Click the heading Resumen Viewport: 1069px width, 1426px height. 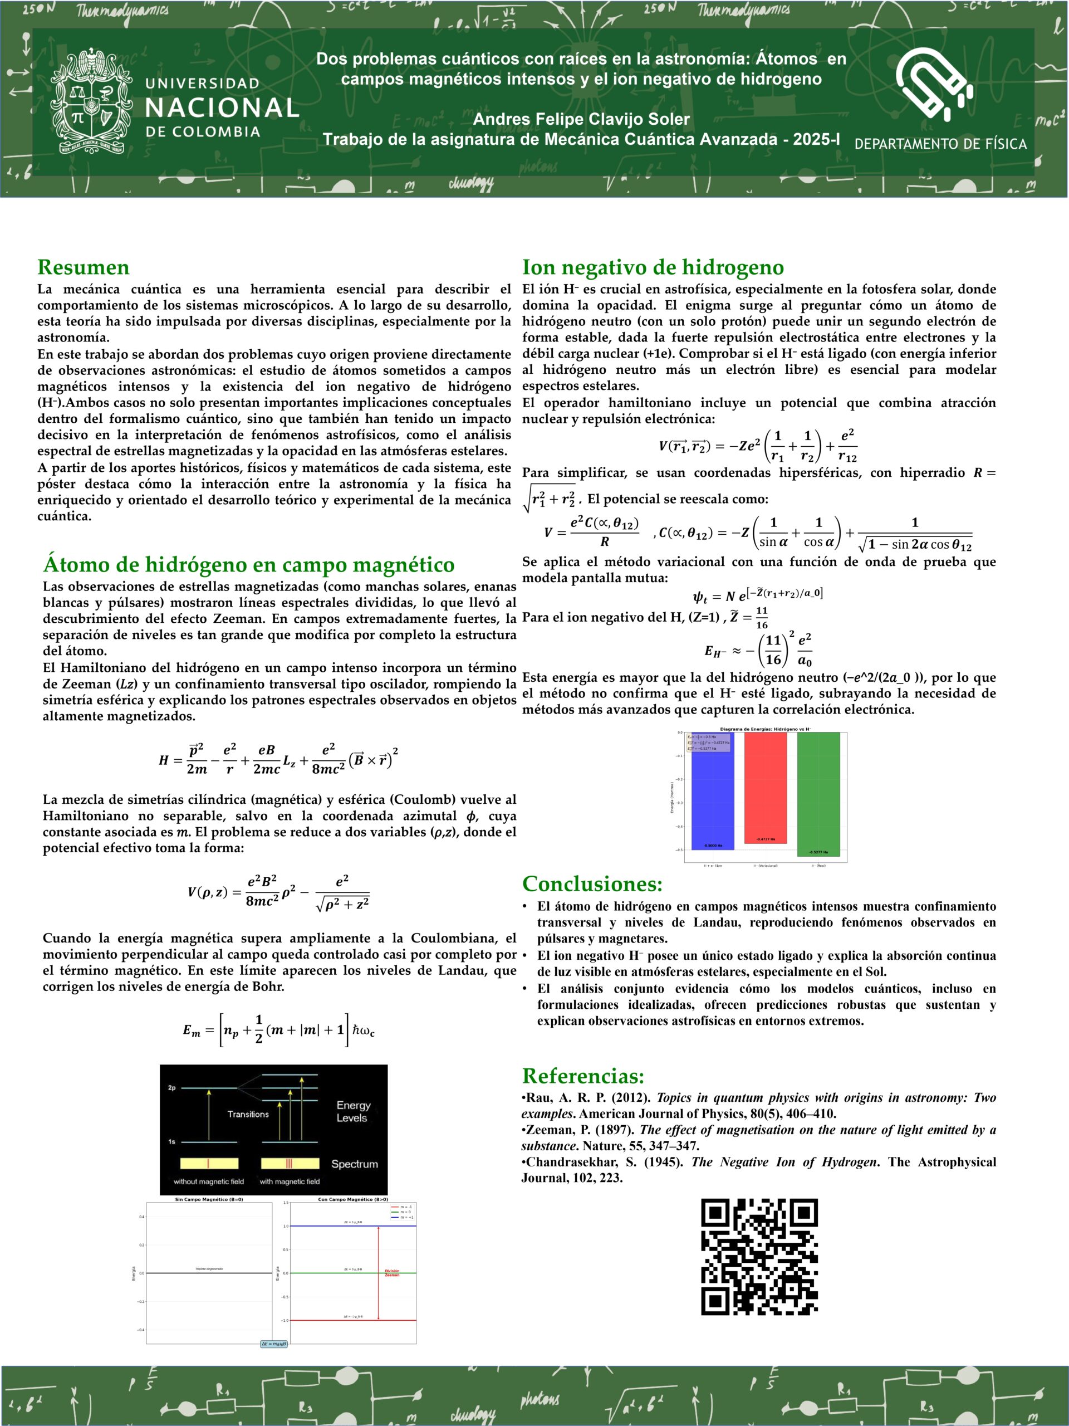83,267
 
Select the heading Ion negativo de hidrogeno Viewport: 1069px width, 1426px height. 653,267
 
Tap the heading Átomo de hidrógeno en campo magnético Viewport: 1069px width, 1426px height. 249,564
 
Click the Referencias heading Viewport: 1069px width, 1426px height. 583,1075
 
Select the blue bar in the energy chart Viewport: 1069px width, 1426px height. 712,790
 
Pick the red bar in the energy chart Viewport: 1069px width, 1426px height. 765,787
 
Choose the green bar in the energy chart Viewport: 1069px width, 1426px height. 818,794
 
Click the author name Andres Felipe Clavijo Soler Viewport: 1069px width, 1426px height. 581,119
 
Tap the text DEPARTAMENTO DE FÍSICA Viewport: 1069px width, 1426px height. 940,144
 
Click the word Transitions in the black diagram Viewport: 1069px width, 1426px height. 248,1114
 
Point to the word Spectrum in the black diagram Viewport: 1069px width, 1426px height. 355,1164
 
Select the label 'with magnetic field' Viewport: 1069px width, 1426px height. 290,1181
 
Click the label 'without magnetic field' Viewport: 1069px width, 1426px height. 209,1181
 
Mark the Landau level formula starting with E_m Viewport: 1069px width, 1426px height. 278,1029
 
